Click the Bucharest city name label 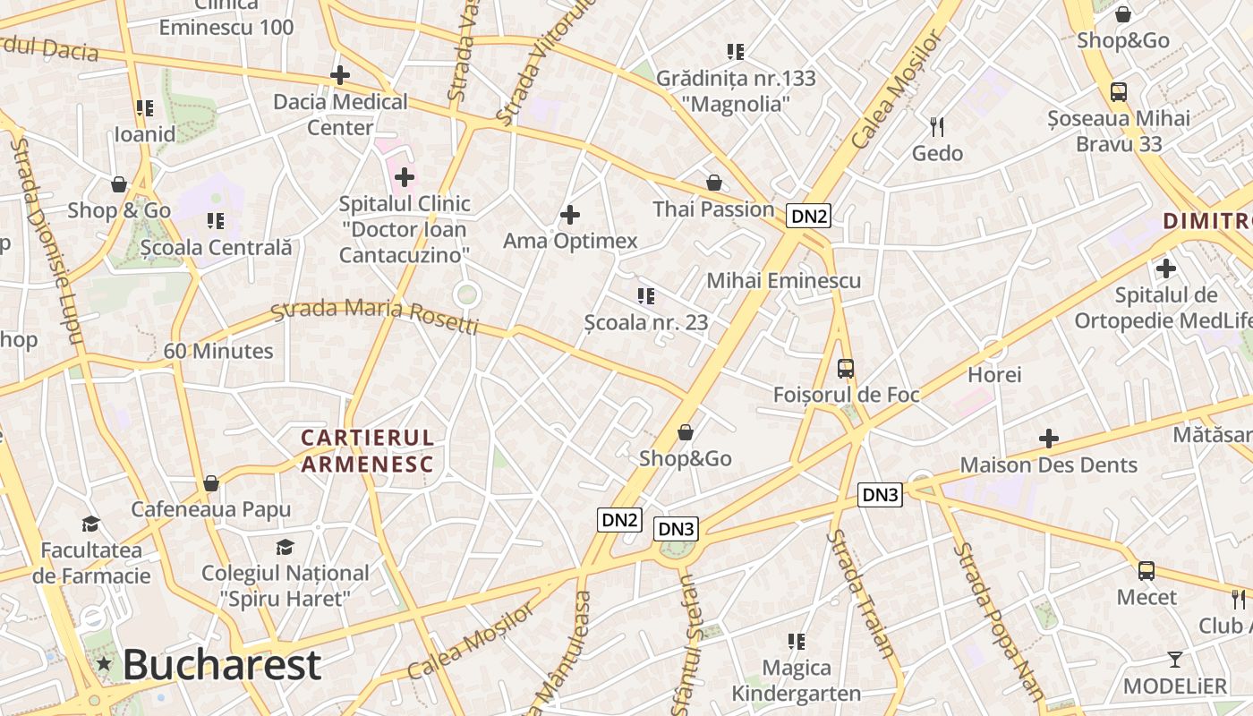click(221, 664)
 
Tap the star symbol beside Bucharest click(105, 664)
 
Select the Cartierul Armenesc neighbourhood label click(367, 450)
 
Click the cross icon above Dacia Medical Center click(340, 75)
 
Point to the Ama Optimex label click(570, 241)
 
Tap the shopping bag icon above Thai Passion click(713, 183)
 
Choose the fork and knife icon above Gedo click(937, 126)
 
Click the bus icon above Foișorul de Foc click(845, 368)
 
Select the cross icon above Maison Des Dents click(1048, 439)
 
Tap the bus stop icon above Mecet click(1146, 570)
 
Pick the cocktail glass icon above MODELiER click(1174, 660)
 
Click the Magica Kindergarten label click(796, 680)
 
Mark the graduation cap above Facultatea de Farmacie click(90, 523)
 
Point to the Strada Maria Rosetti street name click(375, 315)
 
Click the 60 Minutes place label click(218, 351)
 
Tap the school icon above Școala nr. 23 click(645, 295)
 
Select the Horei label click(994, 374)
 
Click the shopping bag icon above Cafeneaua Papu click(211, 483)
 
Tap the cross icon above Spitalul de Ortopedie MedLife click(1165, 268)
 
